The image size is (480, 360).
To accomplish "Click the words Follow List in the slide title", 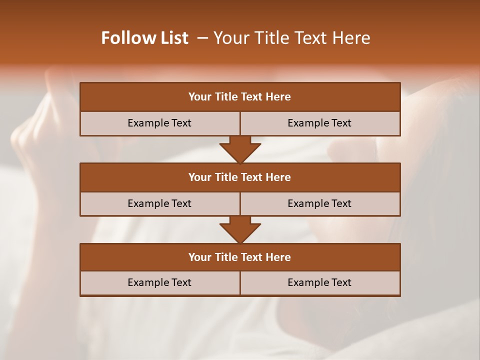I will click(x=144, y=38).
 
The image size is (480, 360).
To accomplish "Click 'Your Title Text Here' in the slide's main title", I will click(x=291, y=38).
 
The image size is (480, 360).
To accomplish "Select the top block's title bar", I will click(x=240, y=97).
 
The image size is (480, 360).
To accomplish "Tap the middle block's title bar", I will click(x=240, y=177).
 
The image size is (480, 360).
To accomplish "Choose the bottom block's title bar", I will click(x=240, y=257).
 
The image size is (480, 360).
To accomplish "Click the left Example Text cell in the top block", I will click(x=159, y=123).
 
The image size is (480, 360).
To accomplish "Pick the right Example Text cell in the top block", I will click(x=319, y=123).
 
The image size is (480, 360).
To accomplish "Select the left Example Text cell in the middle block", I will click(x=159, y=203).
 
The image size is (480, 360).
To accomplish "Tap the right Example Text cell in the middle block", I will click(x=319, y=203).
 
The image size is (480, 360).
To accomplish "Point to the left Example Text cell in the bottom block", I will click(x=159, y=282).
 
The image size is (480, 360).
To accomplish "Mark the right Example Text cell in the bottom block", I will click(x=319, y=282).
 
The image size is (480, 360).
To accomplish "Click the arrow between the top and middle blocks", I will click(x=240, y=149).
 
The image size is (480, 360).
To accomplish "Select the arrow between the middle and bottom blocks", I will click(x=240, y=230).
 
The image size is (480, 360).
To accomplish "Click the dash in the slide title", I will click(x=202, y=38).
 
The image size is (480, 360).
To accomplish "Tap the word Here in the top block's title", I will click(x=278, y=97).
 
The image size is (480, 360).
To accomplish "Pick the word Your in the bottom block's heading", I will click(x=199, y=257).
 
